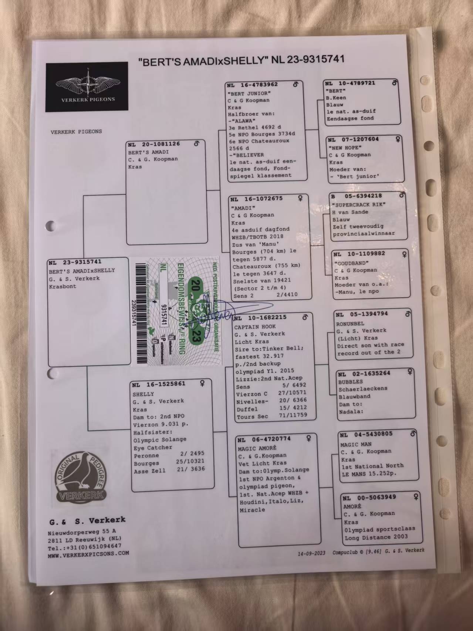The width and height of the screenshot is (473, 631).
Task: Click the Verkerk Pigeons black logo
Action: click(87, 87)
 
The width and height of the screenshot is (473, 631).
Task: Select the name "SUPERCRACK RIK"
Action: click(359, 205)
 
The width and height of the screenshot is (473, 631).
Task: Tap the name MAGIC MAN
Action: click(356, 444)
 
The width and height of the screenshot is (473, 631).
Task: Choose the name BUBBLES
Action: click(351, 382)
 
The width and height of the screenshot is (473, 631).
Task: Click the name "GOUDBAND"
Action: click(351, 263)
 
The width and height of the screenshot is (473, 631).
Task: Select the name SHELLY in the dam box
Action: click(143, 394)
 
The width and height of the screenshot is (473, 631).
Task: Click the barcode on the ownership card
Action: click(141, 313)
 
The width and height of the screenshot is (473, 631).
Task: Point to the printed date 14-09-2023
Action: click(311, 553)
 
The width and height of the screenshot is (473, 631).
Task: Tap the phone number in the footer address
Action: click(84, 546)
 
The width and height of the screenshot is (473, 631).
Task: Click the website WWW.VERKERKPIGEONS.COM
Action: click(88, 554)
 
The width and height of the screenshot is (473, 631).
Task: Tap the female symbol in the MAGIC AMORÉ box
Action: click(308, 438)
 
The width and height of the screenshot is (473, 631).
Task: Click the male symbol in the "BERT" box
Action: click(395, 83)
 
